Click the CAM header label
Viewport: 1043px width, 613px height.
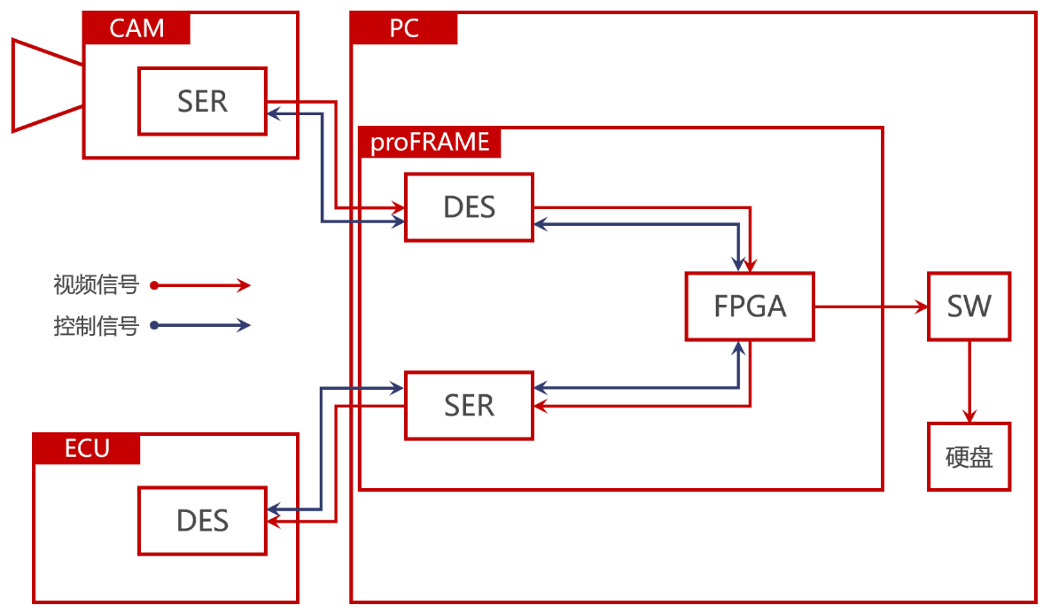coord(136,28)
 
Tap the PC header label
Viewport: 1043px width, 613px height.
coord(404,28)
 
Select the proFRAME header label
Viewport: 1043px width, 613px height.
coord(430,143)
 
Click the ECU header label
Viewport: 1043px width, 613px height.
coord(87,449)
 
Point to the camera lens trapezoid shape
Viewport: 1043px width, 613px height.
coord(47,85)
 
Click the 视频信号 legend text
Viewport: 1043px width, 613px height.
coord(96,285)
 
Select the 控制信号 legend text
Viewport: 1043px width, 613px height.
coord(96,326)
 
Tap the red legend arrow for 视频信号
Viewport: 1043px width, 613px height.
coord(200,286)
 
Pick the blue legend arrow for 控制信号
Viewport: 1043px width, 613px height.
coord(200,325)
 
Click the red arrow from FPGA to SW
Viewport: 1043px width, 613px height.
coord(871,306)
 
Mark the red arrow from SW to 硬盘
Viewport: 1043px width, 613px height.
coord(969,382)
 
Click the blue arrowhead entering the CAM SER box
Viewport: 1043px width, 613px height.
coord(273,113)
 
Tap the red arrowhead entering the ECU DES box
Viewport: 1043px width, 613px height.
coord(273,522)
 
